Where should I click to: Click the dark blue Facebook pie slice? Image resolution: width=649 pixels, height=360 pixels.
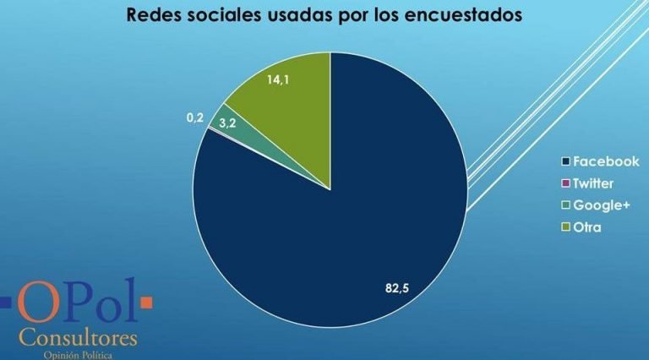coord(338,220)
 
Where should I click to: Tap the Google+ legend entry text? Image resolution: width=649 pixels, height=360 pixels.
coord(601,205)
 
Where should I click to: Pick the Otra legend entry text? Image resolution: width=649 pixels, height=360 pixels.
coord(588,227)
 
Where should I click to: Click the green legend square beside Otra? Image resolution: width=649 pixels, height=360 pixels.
coord(566,227)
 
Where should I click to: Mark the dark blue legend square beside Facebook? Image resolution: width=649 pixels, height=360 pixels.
coord(566,161)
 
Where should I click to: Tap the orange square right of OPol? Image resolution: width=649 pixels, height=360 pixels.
coord(145,301)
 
